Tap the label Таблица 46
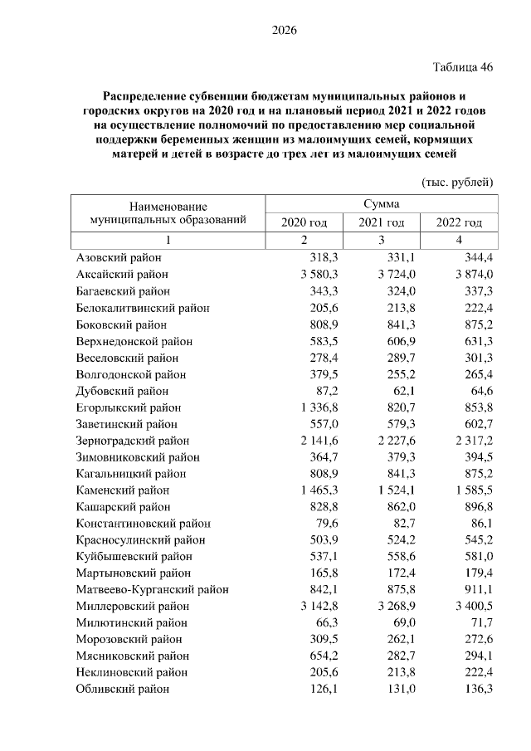pos(462,68)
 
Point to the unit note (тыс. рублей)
pos(457,182)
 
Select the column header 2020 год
pos(304,223)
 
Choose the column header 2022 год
pos(459,223)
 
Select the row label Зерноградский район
pos(132,441)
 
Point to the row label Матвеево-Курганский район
pos(152,590)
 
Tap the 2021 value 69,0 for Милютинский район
pos(392,623)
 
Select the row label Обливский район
pos(122,689)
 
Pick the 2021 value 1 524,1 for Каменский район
pos(387,490)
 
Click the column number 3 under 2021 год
pos(382,241)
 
